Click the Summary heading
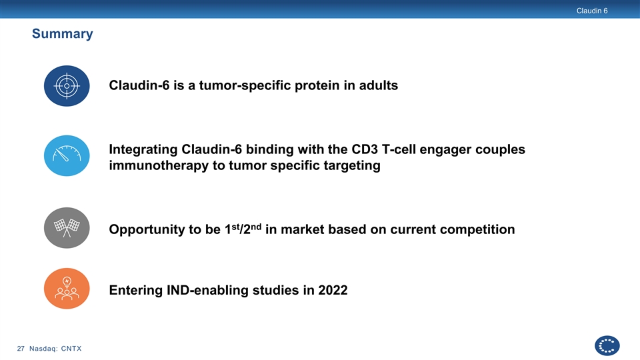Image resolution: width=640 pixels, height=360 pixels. [63, 33]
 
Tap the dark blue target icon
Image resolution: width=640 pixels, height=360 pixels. [67, 86]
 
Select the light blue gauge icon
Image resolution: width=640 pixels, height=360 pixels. [67, 155]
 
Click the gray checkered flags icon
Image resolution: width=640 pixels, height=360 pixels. [67, 228]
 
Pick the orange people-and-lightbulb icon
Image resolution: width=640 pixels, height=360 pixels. [67, 289]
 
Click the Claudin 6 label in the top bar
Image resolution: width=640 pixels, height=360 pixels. [592, 11]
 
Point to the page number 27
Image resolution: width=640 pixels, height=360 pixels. [21, 349]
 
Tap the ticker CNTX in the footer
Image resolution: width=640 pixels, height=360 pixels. [71, 349]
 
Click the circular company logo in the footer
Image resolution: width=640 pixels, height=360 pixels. [607, 346]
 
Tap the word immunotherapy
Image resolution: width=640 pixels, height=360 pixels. [159, 166]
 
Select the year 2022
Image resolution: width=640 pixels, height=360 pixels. [333, 290]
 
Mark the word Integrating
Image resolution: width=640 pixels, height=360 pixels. [143, 150]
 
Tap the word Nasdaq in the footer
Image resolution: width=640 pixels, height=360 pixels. [43, 349]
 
